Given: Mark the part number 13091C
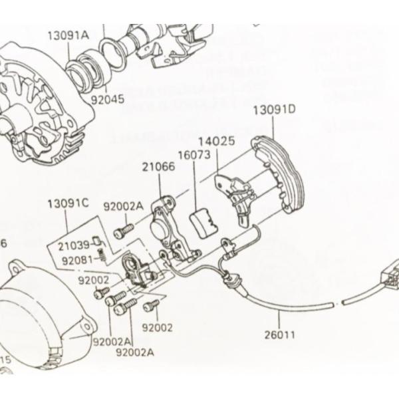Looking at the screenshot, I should tap(68, 203).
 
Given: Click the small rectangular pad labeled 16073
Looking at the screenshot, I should tap(202, 221).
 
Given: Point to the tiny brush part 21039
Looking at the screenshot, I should tap(96, 241).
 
